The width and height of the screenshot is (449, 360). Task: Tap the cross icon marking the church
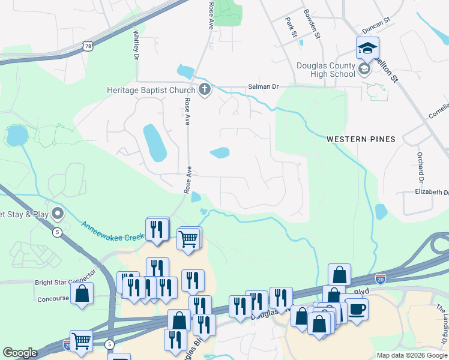[x=205, y=90]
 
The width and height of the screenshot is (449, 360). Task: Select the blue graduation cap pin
[x=367, y=48]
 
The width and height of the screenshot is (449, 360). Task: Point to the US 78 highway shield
[x=88, y=46]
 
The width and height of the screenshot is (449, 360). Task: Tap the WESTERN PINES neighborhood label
[x=361, y=139]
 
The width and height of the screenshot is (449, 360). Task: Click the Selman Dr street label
[x=264, y=87]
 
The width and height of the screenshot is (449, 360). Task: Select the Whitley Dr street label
[x=137, y=45]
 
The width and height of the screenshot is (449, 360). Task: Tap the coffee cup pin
[x=357, y=310]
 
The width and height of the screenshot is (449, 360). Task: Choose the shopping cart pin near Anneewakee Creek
[x=188, y=238]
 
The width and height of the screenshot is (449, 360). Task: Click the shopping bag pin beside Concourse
[x=82, y=294]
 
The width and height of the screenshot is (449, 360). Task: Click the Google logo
[x=19, y=353]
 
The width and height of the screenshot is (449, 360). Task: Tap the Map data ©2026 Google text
[x=411, y=355]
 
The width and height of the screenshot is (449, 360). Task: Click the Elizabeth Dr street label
[x=431, y=193]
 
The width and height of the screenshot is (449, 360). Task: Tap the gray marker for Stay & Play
[x=58, y=213]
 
